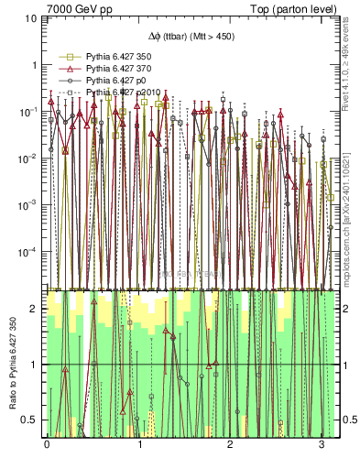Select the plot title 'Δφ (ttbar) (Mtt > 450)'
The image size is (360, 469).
[190, 38]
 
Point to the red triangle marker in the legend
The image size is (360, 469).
[67, 70]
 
